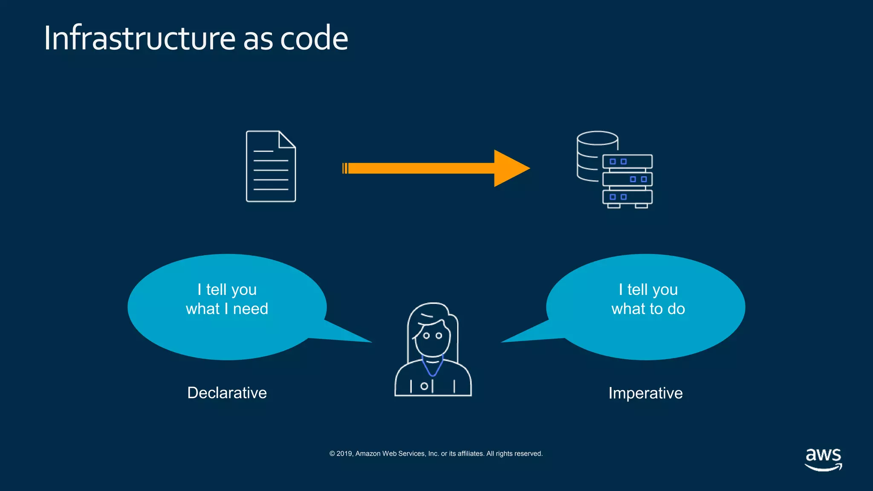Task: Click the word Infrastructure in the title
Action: tap(139, 38)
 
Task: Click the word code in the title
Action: tap(314, 38)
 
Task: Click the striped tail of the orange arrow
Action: tap(345, 168)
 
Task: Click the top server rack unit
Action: tap(627, 162)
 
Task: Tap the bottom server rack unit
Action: tap(627, 197)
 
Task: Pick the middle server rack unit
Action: tap(627, 179)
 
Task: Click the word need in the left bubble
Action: tap(251, 309)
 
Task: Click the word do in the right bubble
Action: tap(676, 309)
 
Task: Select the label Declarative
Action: tap(227, 393)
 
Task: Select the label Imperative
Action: tap(645, 393)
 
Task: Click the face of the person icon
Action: tap(433, 339)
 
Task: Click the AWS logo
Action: tap(823, 459)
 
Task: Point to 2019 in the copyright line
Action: tap(344, 453)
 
